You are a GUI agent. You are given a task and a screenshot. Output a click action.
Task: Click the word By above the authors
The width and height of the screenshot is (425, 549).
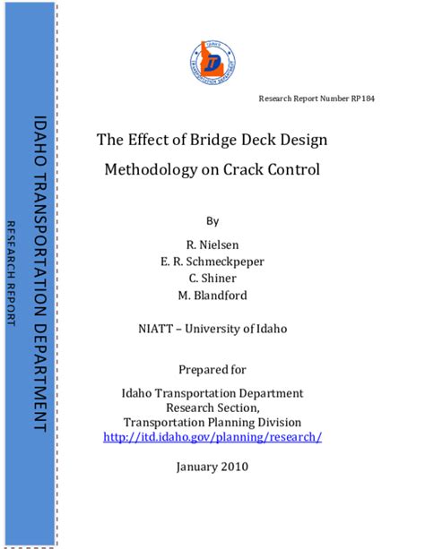point(212,220)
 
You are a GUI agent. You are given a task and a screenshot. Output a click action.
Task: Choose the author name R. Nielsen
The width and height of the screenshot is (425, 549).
point(212,244)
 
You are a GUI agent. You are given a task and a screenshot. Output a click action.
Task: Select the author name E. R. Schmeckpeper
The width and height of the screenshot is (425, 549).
point(212,262)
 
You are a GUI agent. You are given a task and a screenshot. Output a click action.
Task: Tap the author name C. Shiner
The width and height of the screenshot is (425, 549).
point(212,279)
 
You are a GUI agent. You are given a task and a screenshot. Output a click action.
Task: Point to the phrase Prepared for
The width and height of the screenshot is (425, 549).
point(212,369)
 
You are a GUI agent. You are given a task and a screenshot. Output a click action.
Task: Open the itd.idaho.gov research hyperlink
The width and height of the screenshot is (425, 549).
point(212,437)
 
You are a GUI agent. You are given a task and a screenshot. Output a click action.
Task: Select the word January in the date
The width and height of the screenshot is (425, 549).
point(195,467)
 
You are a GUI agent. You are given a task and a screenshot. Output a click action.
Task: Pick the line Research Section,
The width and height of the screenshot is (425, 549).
point(212,407)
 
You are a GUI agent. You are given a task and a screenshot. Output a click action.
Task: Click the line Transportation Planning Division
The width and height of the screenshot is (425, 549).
point(212,422)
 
